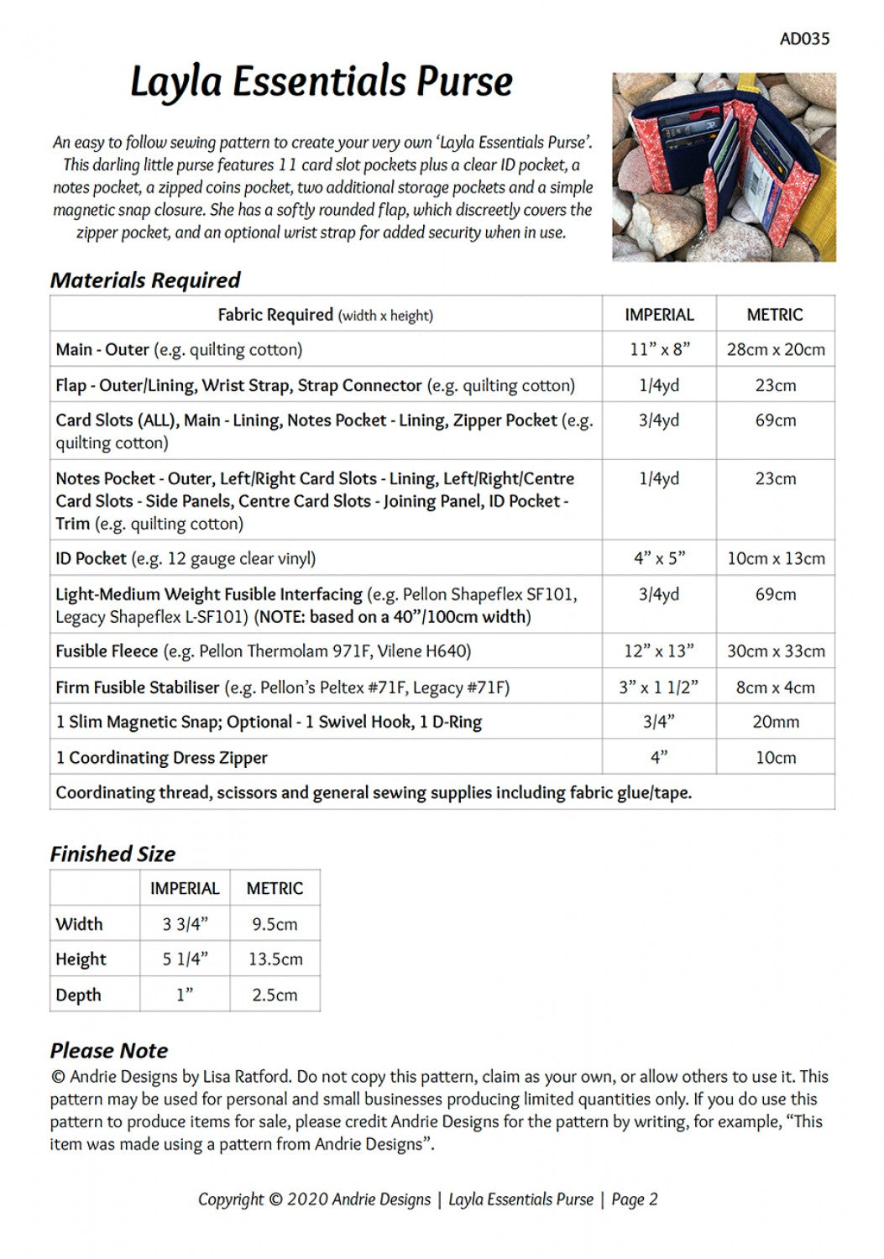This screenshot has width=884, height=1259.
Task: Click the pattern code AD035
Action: [x=804, y=39]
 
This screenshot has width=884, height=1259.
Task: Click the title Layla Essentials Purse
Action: [x=322, y=82]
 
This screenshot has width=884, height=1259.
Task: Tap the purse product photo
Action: [x=724, y=167]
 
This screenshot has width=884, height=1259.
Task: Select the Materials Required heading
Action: [x=145, y=280]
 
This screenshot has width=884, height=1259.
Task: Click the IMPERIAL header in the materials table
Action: [x=659, y=315]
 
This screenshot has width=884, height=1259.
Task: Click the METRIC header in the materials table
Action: [x=775, y=315]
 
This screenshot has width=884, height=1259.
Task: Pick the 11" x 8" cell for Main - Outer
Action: [x=659, y=349]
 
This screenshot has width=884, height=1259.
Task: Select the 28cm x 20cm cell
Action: [x=776, y=349]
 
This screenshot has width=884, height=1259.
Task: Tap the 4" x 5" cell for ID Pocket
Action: [x=659, y=558]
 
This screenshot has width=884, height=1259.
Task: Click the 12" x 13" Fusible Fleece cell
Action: [x=659, y=650]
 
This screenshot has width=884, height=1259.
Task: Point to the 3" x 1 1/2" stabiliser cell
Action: [x=659, y=687]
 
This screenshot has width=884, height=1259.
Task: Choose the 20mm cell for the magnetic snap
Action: [x=776, y=722]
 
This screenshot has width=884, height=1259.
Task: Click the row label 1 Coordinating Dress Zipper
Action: [x=162, y=758]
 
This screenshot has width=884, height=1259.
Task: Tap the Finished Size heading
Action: [x=112, y=854]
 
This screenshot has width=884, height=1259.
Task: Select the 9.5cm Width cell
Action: [x=275, y=924]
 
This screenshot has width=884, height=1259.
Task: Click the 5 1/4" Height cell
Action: [x=185, y=959]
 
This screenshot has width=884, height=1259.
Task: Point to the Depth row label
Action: [x=78, y=995]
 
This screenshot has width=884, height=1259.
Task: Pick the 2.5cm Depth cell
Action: [x=275, y=995]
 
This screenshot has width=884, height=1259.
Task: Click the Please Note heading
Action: [x=109, y=1051]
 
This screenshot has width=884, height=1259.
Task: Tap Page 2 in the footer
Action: [x=634, y=1200]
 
